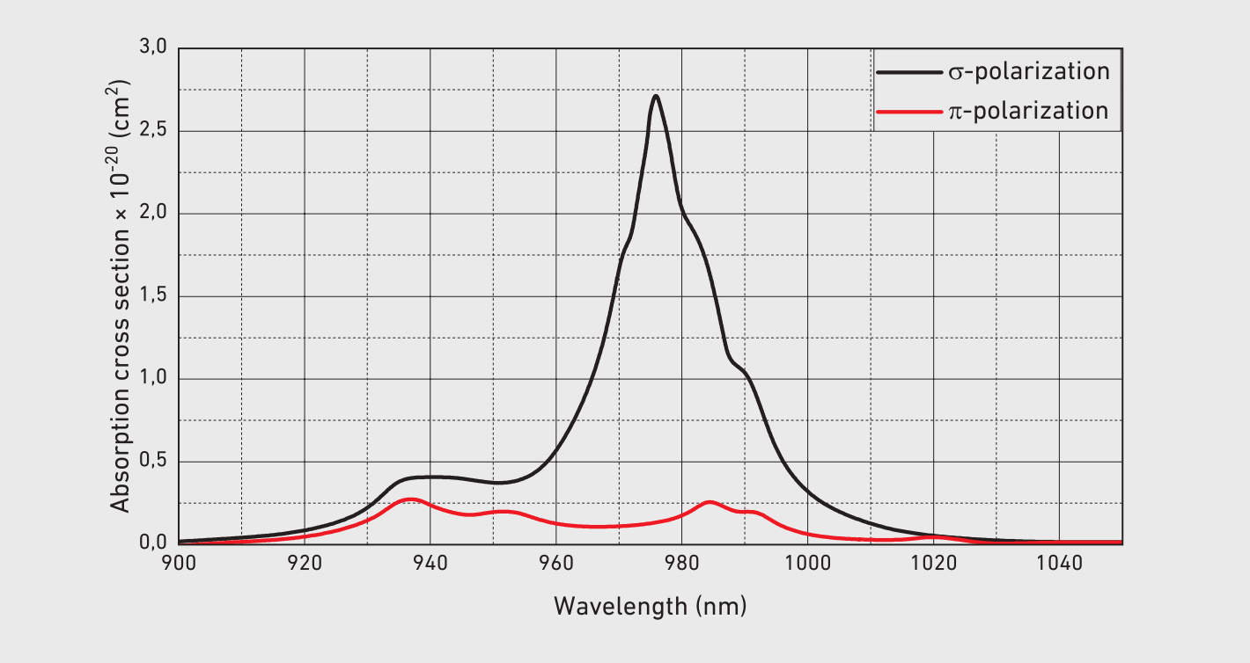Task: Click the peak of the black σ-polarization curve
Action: (656, 96)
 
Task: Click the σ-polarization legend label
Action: (1028, 71)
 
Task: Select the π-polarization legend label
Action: (1027, 112)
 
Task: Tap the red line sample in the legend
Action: (908, 112)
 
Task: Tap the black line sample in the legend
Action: (908, 71)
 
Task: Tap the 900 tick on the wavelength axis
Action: (179, 563)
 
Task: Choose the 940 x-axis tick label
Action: (430, 563)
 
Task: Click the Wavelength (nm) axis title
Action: (650, 606)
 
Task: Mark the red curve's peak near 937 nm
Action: (409, 499)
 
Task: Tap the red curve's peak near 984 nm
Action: (710, 502)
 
